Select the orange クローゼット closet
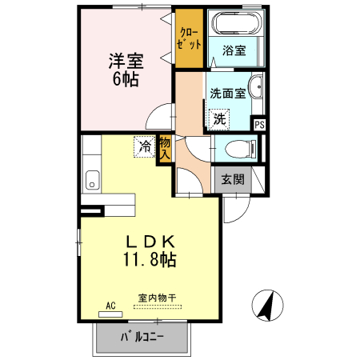tap(190, 38)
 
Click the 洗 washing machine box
tap(219, 118)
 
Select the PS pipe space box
tap(259, 124)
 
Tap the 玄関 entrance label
tap(233, 179)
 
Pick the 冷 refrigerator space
tap(145, 147)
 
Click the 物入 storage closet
tap(165, 149)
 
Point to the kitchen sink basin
tap(90, 181)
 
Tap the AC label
tap(111, 305)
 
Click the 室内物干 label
tap(157, 298)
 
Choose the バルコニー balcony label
tap(142, 337)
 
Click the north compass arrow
tap(269, 306)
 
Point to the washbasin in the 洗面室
tap(257, 88)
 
